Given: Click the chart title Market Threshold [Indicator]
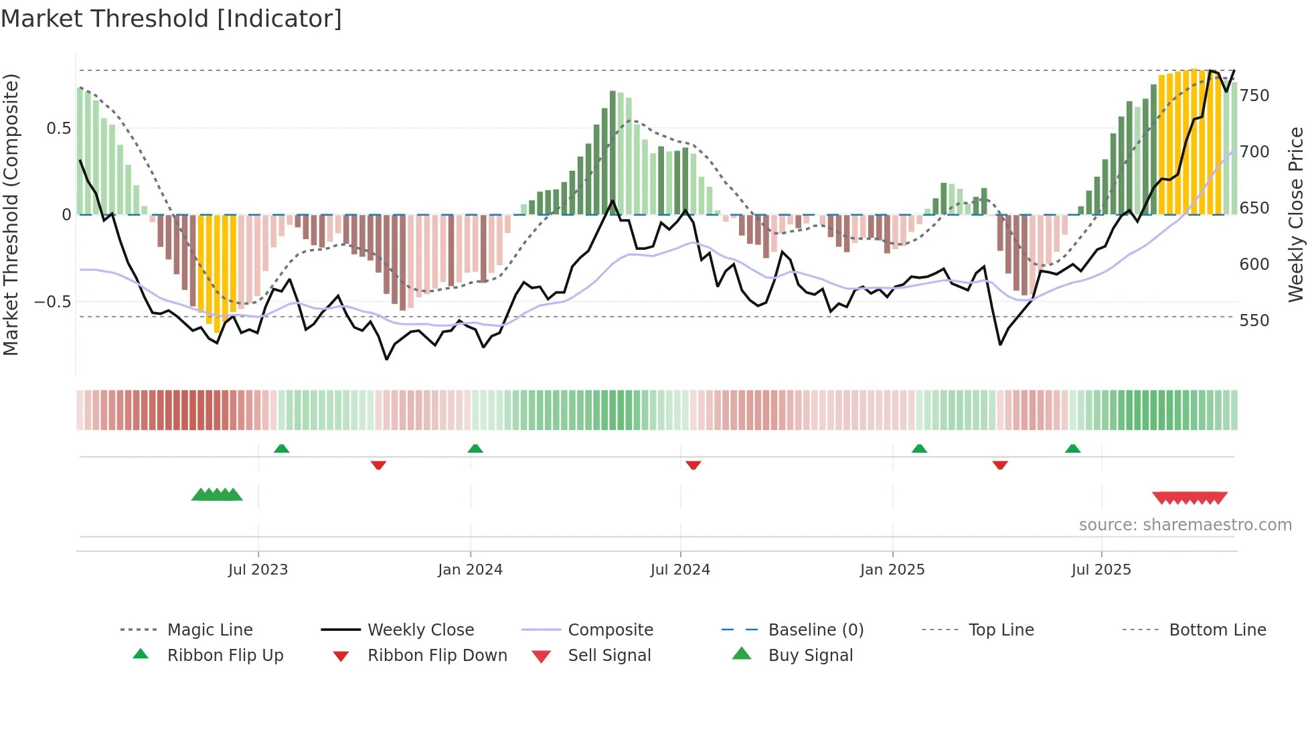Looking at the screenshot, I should (x=171, y=19).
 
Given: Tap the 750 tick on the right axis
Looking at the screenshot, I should (x=1254, y=96).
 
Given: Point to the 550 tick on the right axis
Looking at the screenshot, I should (x=1254, y=321).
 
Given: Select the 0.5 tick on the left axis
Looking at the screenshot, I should (x=59, y=129).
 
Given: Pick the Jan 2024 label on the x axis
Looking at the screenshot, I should (x=470, y=570).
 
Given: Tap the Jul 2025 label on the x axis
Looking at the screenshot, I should (x=1101, y=570).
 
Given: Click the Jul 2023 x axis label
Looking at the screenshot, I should (x=258, y=570).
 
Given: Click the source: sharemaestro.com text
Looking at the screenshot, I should (x=1185, y=525).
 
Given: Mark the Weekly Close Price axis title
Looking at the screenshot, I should (x=1296, y=214).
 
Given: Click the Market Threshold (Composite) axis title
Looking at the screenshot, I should (x=11, y=214).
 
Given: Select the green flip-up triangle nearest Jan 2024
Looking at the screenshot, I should (x=475, y=449).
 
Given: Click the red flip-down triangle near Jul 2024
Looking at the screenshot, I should (x=693, y=465).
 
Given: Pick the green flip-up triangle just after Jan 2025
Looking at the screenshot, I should (x=919, y=449).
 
